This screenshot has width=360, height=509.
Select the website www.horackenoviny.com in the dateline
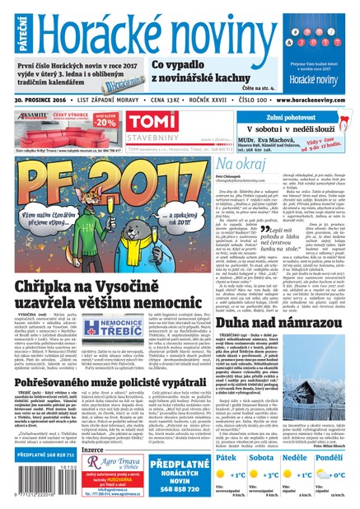tap(309, 97)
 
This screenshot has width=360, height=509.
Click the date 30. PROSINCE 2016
tap(42, 97)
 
